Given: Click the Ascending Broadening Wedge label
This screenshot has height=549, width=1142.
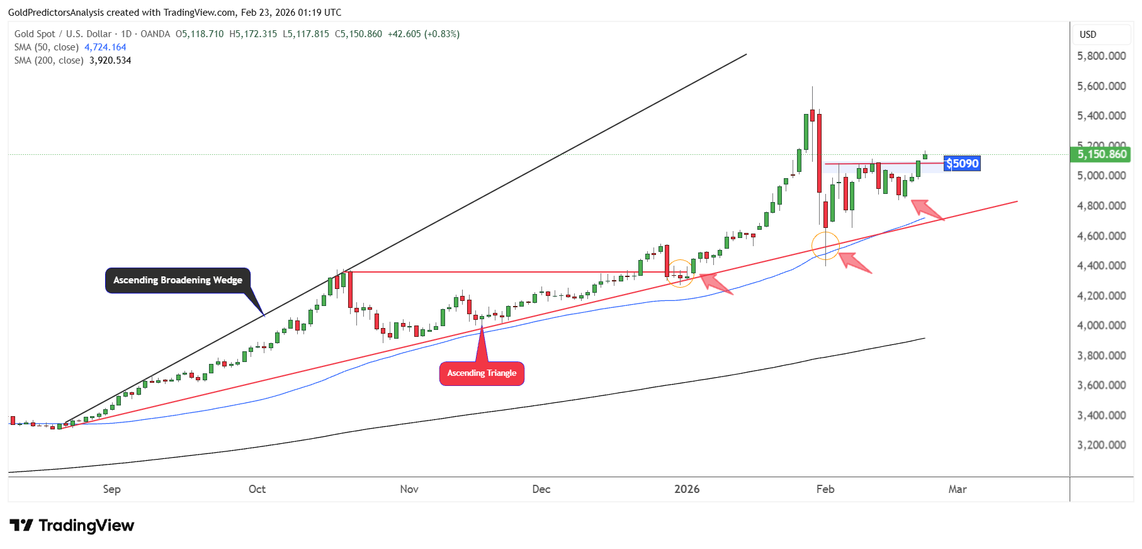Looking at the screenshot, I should click(178, 280).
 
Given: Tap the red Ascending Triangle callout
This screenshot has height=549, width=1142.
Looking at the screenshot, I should click(482, 373).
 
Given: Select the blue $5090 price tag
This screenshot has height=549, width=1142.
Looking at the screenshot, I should click(963, 164).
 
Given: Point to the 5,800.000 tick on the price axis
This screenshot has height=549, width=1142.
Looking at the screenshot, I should click(1101, 56).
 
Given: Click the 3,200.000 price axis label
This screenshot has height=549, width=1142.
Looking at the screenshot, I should click(1101, 445).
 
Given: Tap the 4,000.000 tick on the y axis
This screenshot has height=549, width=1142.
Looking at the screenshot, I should click(1101, 325).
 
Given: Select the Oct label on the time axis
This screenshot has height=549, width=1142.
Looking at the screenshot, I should click(257, 489).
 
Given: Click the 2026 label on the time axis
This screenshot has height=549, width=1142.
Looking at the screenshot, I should click(686, 489).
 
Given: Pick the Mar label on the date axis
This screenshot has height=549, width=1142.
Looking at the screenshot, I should click(957, 489).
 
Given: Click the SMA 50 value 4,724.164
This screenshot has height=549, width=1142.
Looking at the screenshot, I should click(105, 47).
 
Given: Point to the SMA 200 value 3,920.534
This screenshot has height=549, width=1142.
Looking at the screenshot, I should click(110, 60).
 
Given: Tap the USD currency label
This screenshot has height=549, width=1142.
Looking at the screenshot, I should click(1088, 35).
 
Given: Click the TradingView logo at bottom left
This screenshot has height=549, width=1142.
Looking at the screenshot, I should click(72, 526).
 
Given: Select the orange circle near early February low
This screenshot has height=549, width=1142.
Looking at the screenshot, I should click(825, 246).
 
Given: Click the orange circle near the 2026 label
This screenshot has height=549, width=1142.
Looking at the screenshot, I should click(680, 274).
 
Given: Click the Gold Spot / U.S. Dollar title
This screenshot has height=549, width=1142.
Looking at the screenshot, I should click(63, 34).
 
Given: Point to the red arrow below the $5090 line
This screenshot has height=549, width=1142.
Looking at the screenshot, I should click(928, 210).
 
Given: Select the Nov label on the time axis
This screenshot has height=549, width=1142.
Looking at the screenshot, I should click(409, 489).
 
